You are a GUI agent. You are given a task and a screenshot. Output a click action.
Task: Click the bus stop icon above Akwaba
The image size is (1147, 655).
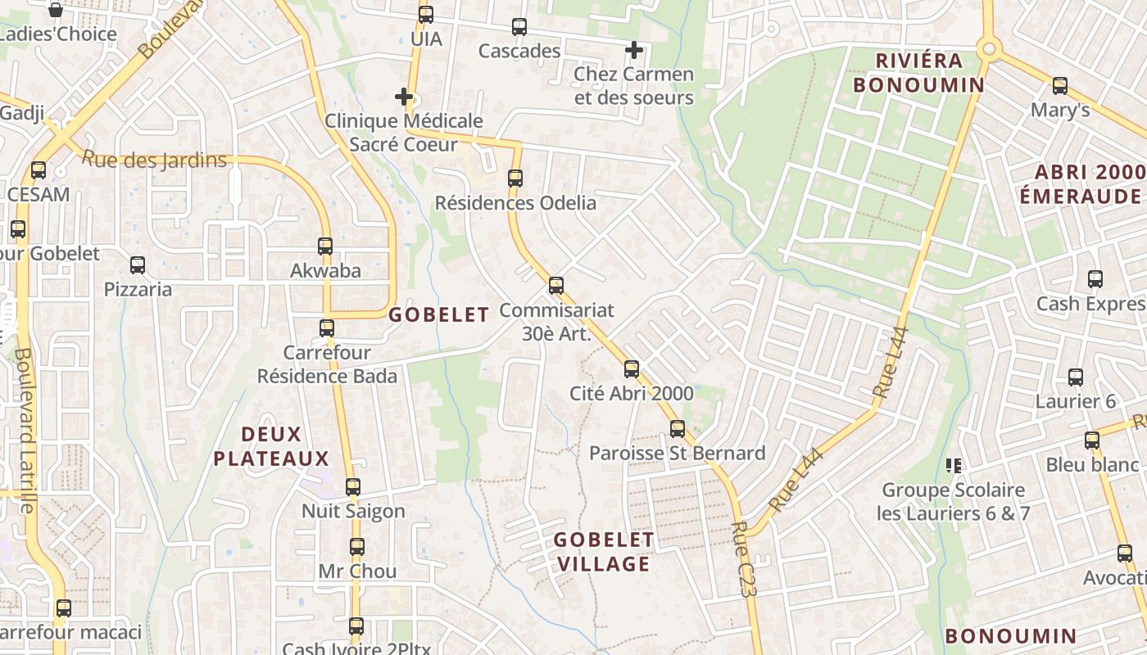coord(325,246)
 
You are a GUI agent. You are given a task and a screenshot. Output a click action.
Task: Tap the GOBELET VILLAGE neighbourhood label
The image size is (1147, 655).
coord(603,551)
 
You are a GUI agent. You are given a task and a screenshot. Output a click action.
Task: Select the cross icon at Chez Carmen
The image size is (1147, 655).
coord(633,50)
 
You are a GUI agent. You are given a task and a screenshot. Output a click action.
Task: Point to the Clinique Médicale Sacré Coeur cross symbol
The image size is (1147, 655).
coord(403,97)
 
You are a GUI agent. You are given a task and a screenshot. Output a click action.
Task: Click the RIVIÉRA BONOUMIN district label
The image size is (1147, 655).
coord(918,73)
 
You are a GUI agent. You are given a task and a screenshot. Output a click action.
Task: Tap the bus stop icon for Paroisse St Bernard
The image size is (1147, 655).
coord(677,428)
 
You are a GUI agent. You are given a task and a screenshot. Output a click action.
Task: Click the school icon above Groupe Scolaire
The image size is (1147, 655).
coord(953,466)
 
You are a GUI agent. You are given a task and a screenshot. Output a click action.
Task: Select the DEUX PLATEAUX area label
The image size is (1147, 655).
coord(271,446)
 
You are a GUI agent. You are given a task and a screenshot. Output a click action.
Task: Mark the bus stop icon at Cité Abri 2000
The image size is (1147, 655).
coord(631,368)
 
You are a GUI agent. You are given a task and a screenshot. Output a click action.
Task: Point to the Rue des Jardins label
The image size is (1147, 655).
coord(154,159)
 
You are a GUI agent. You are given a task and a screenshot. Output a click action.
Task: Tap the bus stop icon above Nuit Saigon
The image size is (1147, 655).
coord(353,487)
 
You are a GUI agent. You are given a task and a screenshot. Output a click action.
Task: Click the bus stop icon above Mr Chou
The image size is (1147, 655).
coord(356,546)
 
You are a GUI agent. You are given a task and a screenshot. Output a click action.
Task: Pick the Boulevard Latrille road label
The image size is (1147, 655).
coord(25,431)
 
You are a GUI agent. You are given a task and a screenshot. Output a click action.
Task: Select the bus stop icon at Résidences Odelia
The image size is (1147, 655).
coord(515,178)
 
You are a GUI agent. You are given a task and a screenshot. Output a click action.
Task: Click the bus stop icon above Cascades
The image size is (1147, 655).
coord(519,27)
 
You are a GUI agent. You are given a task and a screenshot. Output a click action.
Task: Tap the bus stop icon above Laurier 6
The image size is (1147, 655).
coord(1075,377)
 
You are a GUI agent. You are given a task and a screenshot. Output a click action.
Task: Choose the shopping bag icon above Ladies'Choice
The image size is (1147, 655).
coord(56,10)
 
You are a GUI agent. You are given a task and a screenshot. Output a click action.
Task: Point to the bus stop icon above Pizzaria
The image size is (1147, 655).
coord(137,265)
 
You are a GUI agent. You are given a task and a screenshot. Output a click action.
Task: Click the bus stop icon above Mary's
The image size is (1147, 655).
coord(1059,85)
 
